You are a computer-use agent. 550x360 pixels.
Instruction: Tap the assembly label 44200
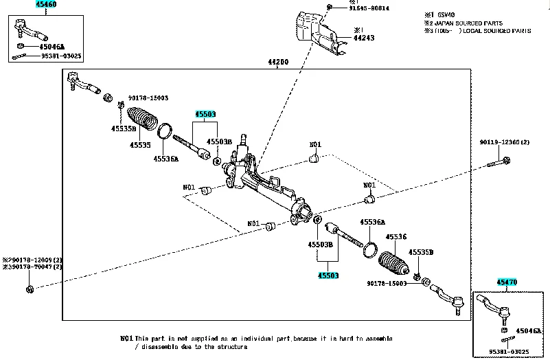[x=278, y=63]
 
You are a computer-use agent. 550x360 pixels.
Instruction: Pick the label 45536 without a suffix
[x=396, y=237]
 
